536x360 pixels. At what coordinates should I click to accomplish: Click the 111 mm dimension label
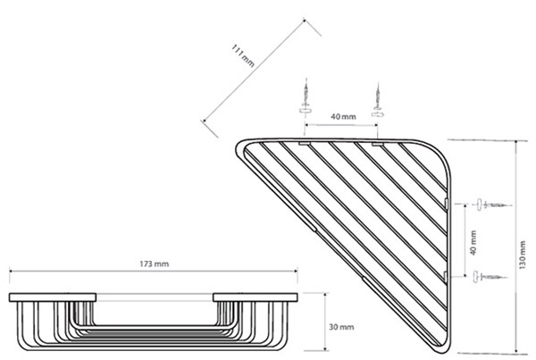click(243, 55)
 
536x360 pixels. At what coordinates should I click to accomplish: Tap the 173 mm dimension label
click(155, 264)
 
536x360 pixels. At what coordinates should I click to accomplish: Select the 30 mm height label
click(341, 327)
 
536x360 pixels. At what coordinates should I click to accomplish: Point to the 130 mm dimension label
click(522, 255)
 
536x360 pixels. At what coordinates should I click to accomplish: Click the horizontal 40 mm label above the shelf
click(343, 117)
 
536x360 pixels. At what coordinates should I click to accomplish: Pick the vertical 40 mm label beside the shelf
click(473, 243)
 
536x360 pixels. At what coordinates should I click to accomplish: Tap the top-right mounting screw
click(377, 100)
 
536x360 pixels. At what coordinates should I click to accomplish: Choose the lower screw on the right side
click(490, 276)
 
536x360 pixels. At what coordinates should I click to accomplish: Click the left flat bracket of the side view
click(53, 297)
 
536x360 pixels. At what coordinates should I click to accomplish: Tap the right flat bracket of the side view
click(255, 297)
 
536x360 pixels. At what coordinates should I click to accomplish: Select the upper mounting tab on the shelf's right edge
click(446, 203)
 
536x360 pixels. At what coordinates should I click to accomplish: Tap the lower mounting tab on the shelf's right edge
click(446, 277)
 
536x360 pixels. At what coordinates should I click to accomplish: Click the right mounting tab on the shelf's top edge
click(378, 145)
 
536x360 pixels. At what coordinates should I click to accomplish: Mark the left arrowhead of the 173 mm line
click(11, 271)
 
